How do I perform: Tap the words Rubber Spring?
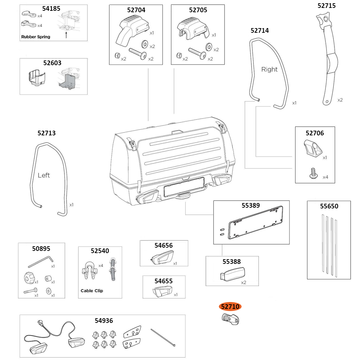coord(36,37)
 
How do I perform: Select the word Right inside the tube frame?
coord(269,69)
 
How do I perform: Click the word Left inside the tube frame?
coord(44,175)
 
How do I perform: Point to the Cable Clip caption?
coord(92,291)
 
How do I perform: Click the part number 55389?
coord(251,206)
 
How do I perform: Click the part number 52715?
coord(327,6)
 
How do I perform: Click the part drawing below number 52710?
coord(230,319)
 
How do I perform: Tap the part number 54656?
coord(163,246)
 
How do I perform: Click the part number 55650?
coord(329,206)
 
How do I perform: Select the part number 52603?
coord(53,63)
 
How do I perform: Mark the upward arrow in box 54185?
coord(66,35)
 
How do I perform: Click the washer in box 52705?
coord(208,47)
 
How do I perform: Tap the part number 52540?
coord(100,251)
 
